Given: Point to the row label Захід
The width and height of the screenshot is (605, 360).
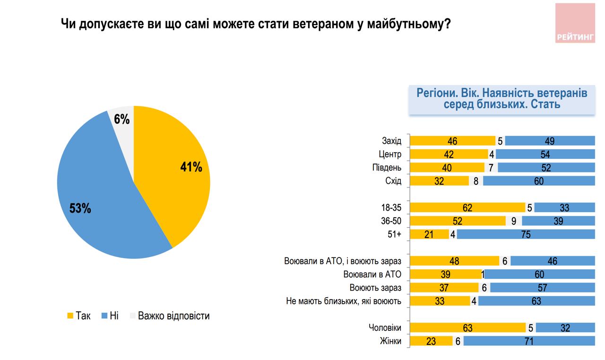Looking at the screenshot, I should pyautogui.click(x=391, y=141).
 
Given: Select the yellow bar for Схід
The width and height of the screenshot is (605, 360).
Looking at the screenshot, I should pyautogui.click(x=439, y=181).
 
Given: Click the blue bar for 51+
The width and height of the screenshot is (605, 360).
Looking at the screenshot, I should pyautogui.click(x=526, y=234).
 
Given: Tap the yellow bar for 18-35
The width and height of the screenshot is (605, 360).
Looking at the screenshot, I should pyautogui.click(x=467, y=207).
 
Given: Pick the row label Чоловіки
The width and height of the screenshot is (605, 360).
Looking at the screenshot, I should pyautogui.click(x=385, y=328).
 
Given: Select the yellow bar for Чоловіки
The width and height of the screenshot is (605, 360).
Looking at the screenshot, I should pyautogui.click(x=467, y=328).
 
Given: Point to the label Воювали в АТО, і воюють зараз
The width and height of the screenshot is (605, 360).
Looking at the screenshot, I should pyautogui.click(x=343, y=261).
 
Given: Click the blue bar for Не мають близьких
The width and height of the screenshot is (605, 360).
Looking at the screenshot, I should pyautogui.click(x=536, y=301).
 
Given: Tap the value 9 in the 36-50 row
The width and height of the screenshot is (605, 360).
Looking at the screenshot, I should pyautogui.click(x=514, y=221).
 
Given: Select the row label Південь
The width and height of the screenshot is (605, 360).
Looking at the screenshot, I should pyautogui.click(x=387, y=168).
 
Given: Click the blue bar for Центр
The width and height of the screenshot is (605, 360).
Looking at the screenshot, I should pyautogui.click(x=545, y=154).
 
